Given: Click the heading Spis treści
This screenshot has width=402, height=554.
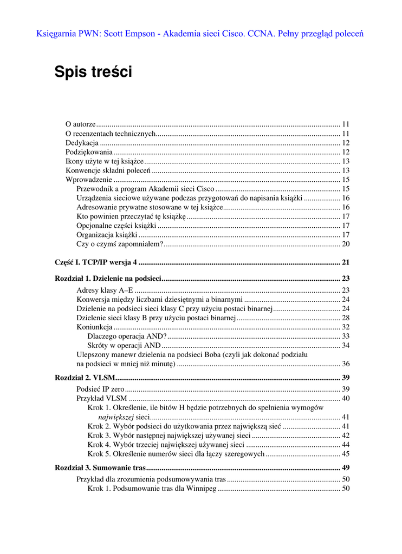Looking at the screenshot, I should [93, 72].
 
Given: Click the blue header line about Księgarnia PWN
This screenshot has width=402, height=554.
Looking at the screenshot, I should [200, 34].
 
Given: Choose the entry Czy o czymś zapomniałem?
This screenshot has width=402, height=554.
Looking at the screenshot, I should [120, 244].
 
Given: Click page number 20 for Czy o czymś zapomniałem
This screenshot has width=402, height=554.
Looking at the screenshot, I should [346, 244].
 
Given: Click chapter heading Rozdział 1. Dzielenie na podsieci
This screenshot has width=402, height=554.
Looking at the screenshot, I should [108, 279].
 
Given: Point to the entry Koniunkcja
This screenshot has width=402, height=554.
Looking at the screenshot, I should [94, 327].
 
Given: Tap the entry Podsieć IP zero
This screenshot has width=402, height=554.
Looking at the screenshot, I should [101, 389].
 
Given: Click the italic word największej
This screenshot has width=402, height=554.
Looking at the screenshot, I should [116, 417].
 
